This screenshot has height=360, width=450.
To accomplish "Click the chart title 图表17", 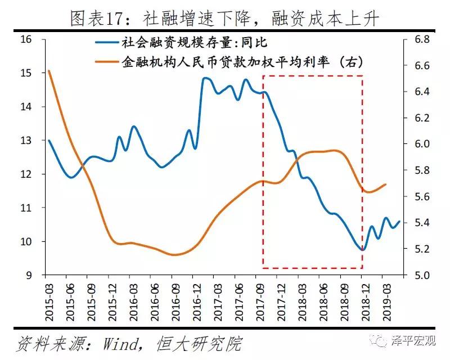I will click(x=224, y=19).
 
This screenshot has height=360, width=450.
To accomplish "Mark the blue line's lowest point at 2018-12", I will click(x=363, y=249).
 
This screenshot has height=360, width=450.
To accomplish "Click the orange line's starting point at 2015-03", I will click(x=49, y=71).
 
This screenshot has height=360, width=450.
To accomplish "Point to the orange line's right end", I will click(x=386, y=184).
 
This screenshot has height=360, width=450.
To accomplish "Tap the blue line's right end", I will click(x=399, y=222).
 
